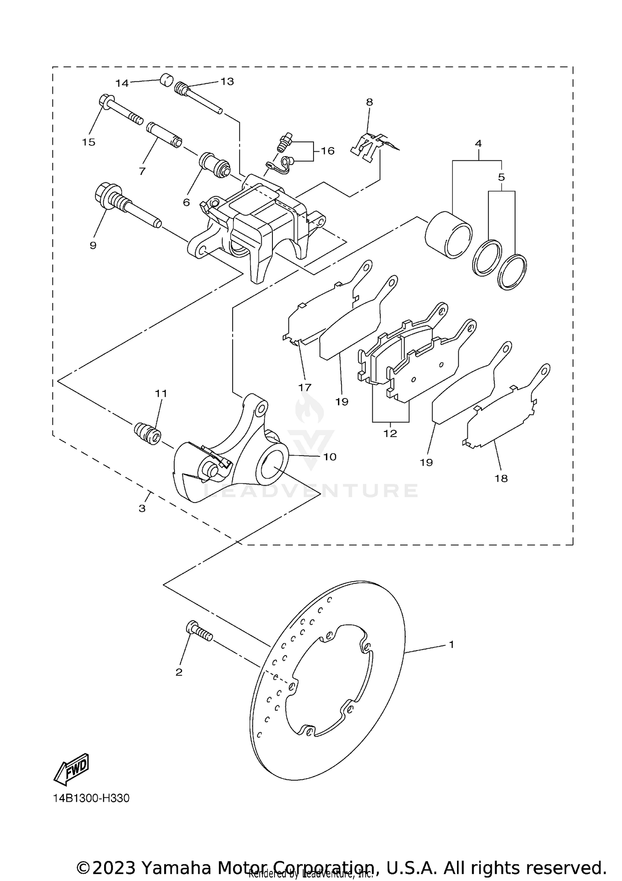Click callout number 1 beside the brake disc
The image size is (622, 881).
tap(451, 644)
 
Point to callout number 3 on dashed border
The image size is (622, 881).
tap(142, 508)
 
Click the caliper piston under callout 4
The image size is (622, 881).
tap(449, 234)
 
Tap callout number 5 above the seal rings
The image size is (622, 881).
tap(501, 177)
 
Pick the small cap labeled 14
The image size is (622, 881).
tap(166, 80)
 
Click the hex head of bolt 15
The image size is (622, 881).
tap(105, 102)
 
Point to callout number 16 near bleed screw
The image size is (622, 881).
tap(327, 151)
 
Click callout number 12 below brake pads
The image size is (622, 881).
tap(390, 433)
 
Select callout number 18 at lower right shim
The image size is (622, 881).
tap(501, 478)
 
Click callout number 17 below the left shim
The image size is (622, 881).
tap(305, 387)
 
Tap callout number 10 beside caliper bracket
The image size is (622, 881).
tap(330, 457)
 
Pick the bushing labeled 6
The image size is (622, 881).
tap(214, 165)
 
